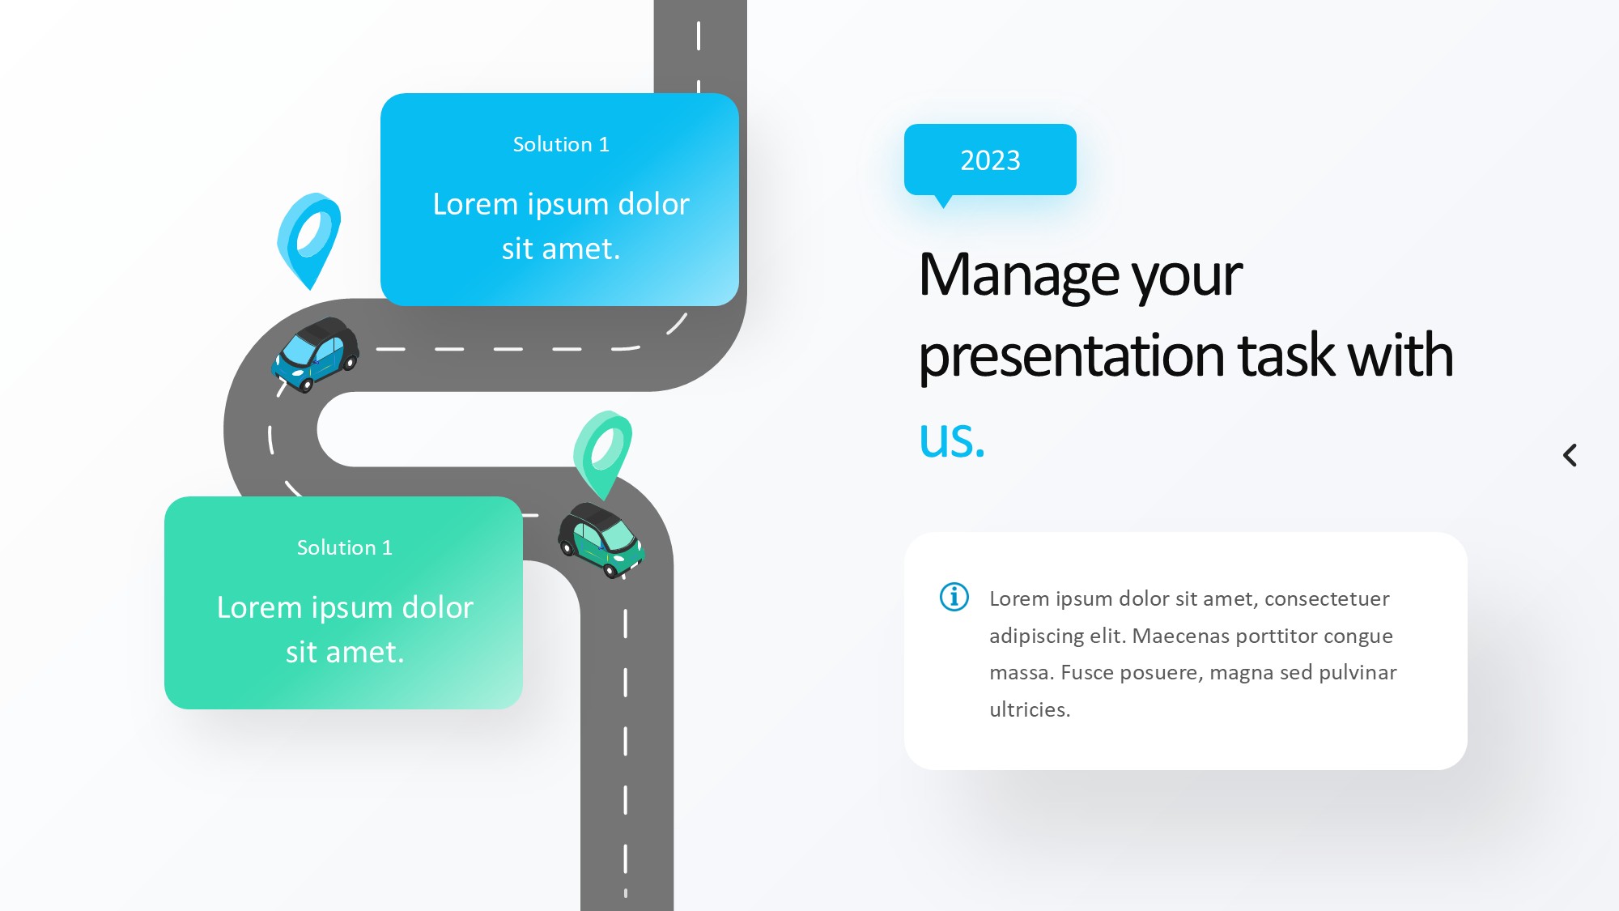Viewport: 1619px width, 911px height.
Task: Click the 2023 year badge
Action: click(x=990, y=160)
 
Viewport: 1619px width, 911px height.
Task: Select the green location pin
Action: click(x=603, y=454)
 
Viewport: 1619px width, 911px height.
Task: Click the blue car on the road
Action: click(x=315, y=355)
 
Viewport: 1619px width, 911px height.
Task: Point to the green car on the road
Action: click(x=601, y=539)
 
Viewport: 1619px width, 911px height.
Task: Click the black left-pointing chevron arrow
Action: click(x=1570, y=455)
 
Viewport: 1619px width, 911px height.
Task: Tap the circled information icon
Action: click(x=954, y=597)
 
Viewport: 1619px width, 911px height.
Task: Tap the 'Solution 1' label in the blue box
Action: click(x=561, y=144)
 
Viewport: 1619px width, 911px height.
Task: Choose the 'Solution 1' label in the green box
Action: click(x=345, y=547)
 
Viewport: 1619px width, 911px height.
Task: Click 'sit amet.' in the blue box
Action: click(x=561, y=249)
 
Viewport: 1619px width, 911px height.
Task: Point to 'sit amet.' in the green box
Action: click(x=345, y=652)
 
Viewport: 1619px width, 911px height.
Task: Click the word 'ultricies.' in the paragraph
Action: click(x=1030, y=709)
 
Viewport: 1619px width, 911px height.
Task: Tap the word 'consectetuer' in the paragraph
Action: click(x=1327, y=598)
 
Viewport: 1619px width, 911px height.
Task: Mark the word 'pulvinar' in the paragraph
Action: click(x=1358, y=673)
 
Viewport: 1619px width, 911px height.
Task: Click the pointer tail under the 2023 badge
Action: click(x=943, y=201)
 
